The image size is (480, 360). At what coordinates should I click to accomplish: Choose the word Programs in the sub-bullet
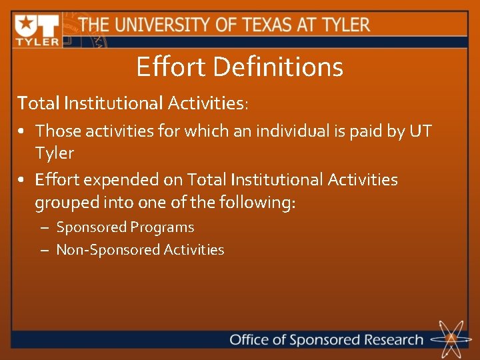162,227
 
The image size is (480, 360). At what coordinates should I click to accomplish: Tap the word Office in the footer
249,339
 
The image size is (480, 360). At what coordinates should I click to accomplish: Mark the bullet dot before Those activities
23,131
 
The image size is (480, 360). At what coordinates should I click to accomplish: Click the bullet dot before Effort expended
23,181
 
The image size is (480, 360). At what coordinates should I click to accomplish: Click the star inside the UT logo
26,25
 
